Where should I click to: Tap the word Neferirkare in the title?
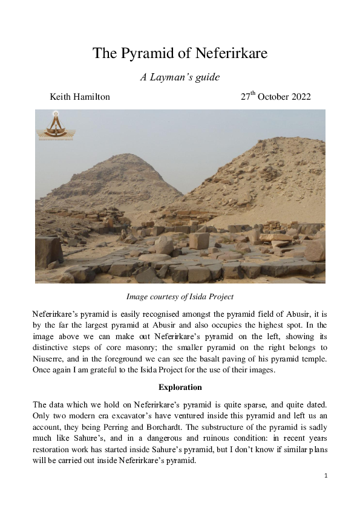231,53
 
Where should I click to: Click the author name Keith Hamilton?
79,97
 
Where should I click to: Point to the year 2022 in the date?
299,97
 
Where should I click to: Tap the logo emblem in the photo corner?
55,125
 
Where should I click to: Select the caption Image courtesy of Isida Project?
180,297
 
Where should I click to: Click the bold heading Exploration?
180,387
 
